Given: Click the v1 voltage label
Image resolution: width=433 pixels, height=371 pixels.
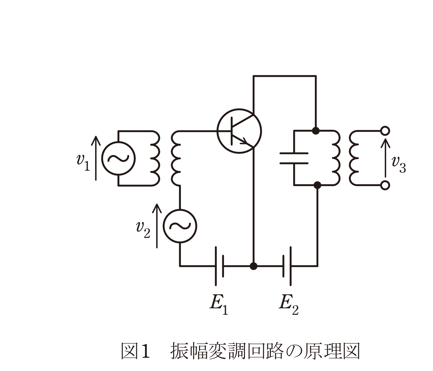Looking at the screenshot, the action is pos(83,163).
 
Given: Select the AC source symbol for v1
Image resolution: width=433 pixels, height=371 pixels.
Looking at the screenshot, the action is pos(118,158).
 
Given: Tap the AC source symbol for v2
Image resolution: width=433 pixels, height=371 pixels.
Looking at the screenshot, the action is pos(180,226).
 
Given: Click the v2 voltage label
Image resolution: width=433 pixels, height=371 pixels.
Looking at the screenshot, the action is pos(143,229).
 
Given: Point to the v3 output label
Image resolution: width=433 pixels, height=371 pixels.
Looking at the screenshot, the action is pos(399,164).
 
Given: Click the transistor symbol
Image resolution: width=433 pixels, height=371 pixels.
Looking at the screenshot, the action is pos(239,131).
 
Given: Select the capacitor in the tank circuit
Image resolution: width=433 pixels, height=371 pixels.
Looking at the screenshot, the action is pos(294,158).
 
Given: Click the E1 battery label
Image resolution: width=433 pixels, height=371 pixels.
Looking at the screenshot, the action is pos(219,305).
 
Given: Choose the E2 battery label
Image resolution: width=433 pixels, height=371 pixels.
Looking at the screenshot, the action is pos(289,305).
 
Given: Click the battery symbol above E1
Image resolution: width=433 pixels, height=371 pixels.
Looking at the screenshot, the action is pos(219,266).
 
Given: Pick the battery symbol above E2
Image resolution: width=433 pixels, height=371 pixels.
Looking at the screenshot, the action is pos(287,266).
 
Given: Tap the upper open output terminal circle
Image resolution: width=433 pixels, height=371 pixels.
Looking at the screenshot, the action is pos(385,131).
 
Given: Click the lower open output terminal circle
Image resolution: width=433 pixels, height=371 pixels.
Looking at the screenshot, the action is pos(385,185).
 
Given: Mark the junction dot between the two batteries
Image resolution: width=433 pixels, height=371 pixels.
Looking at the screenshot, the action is pos(253,266).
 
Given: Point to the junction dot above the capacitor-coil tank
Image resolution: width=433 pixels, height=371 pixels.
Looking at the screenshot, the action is pos(316,131).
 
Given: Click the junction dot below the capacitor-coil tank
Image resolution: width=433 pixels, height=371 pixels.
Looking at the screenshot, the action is pos(317,185).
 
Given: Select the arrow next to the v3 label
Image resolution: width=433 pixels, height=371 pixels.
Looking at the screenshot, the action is pos(385,158).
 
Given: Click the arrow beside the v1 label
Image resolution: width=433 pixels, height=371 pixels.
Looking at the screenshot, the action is pos(96,158).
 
